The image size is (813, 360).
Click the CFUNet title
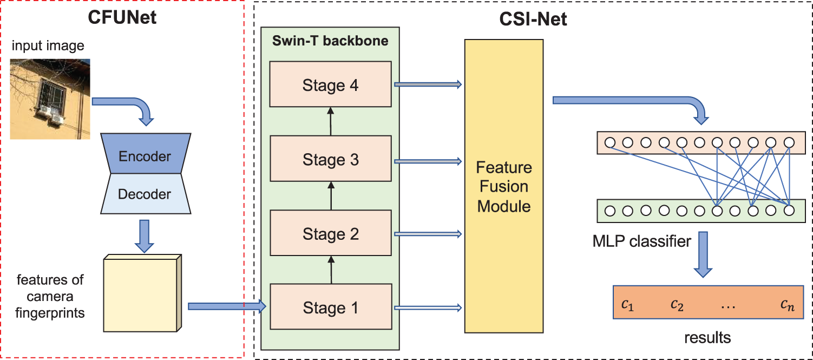(122, 18)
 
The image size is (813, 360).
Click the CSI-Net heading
(533, 20)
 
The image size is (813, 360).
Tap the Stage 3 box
(330, 160)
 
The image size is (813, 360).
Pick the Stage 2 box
(330, 234)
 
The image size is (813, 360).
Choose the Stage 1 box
(330, 308)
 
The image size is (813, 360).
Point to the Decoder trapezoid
(145, 194)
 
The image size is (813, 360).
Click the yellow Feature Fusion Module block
(503, 186)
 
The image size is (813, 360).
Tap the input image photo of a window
(49, 99)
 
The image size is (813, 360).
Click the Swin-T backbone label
(330, 41)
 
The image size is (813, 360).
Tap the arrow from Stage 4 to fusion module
(428, 84)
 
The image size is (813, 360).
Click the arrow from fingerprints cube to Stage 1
(227, 307)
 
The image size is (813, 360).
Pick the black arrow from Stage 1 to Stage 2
(330, 270)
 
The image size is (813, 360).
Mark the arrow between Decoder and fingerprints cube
(144, 235)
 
